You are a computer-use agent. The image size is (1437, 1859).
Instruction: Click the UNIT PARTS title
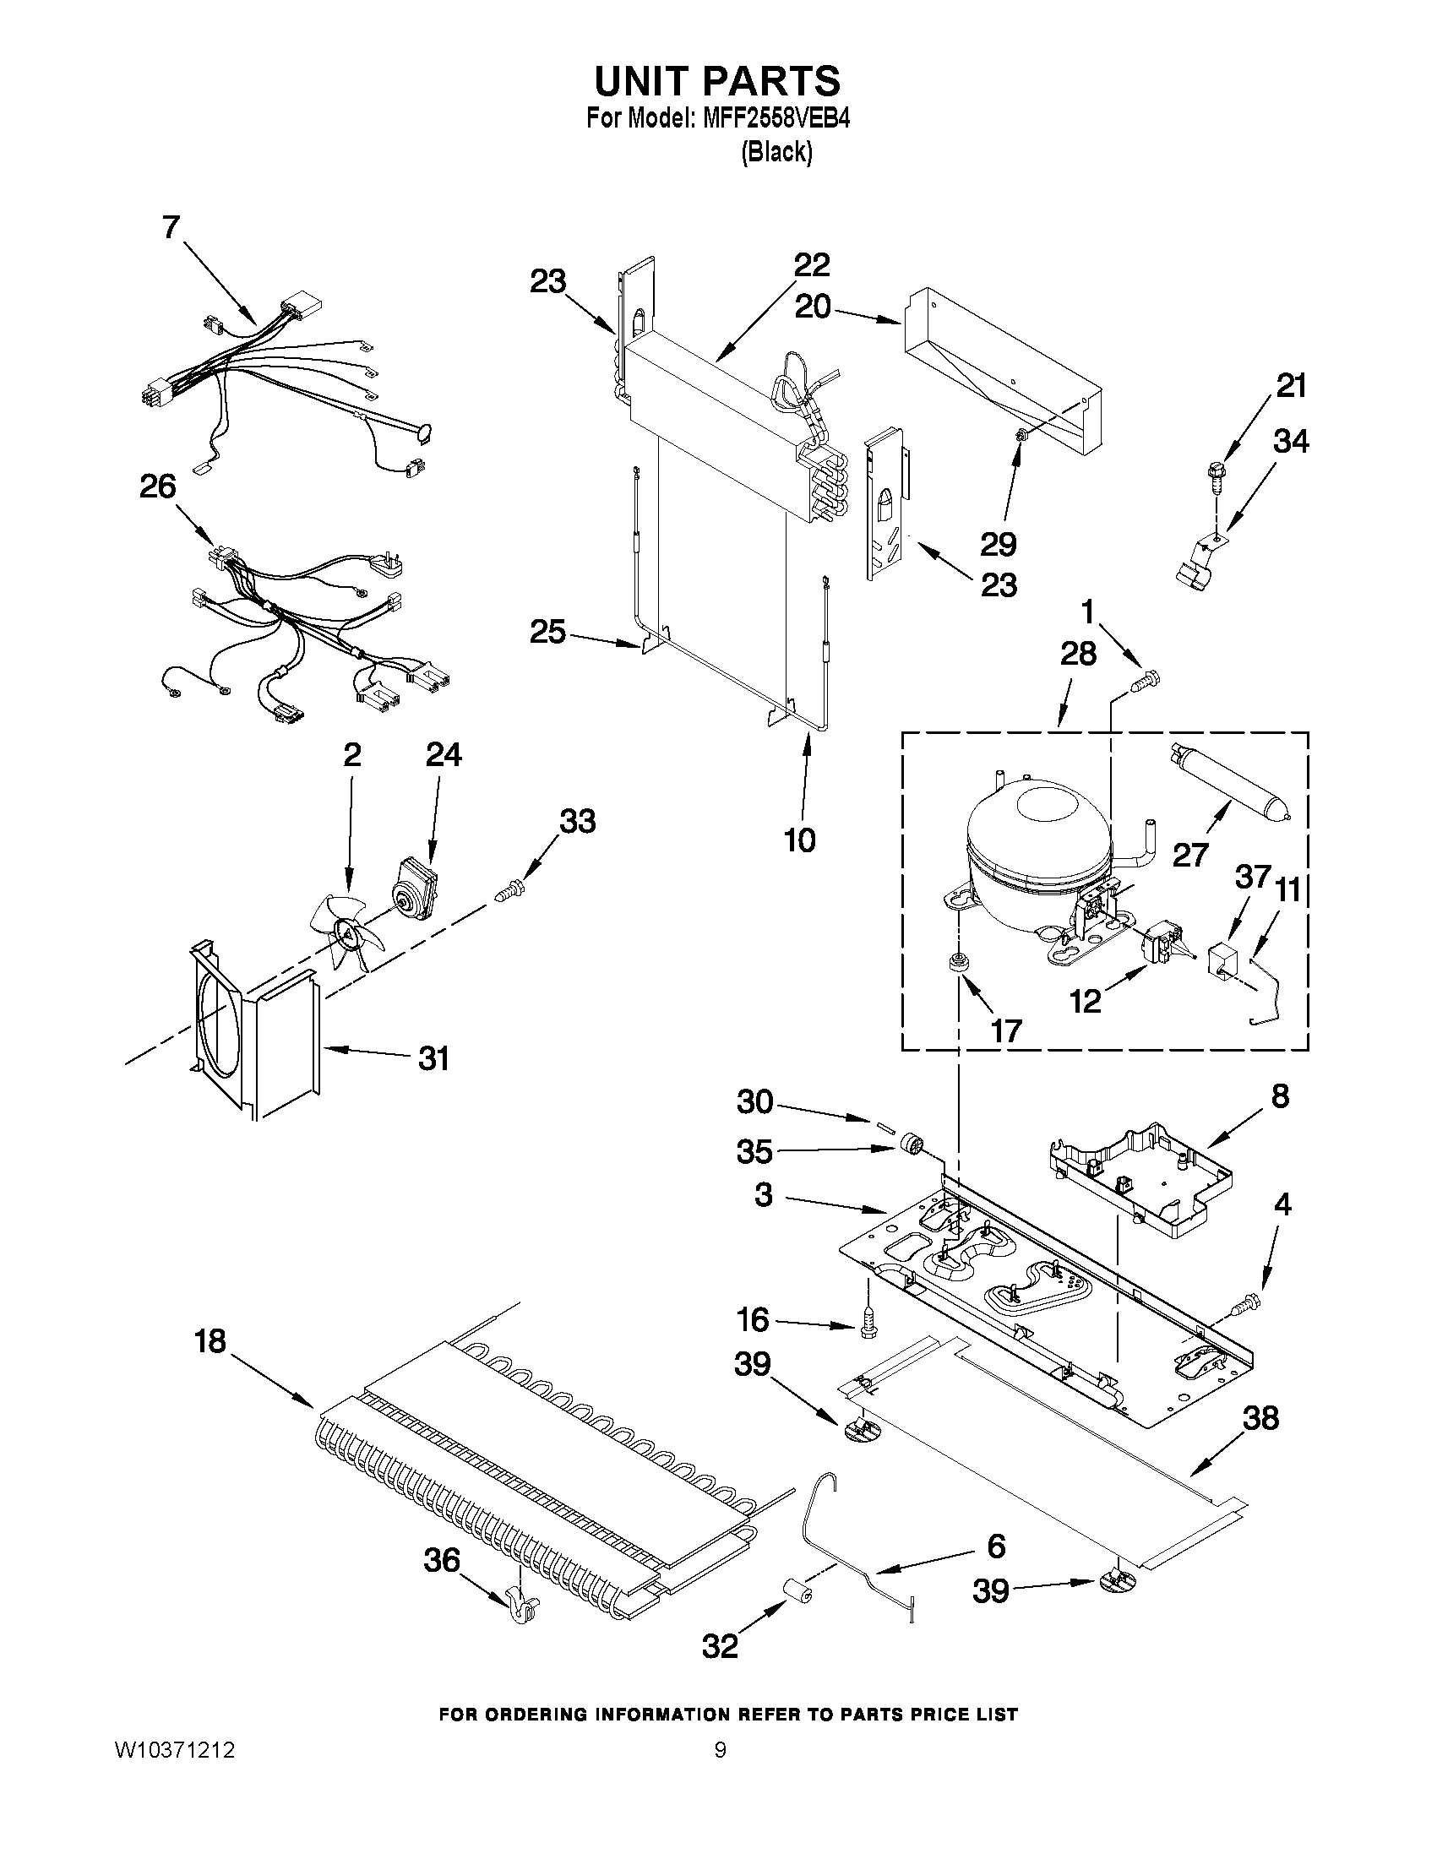click(x=717, y=82)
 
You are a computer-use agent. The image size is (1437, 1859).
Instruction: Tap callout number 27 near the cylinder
click(x=1190, y=854)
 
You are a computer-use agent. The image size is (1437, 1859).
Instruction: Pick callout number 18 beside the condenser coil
click(x=210, y=1341)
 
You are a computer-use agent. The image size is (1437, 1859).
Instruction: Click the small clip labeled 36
click(x=520, y=1604)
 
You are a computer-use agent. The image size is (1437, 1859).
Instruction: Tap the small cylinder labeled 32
click(x=797, y=1590)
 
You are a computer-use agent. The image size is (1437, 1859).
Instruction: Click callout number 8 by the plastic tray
click(x=1281, y=1096)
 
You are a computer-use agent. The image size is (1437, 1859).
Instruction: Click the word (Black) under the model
click(x=776, y=152)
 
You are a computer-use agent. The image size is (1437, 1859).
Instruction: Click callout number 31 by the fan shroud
click(x=433, y=1058)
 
